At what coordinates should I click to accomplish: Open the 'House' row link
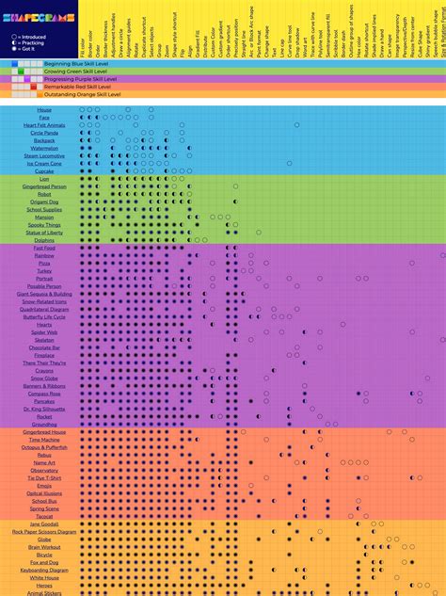coord(44,109)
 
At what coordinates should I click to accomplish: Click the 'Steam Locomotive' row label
coord(44,155)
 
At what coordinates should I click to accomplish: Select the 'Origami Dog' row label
coord(44,201)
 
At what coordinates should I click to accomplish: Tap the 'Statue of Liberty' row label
coord(44,233)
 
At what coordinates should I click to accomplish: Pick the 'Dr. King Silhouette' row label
coord(44,409)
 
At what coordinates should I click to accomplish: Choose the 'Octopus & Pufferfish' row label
coord(44,447)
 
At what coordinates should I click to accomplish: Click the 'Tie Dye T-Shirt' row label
coord(44,477)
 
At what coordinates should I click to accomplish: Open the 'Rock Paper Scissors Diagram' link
coord(44,532)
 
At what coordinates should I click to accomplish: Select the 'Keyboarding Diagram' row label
coord(44,570)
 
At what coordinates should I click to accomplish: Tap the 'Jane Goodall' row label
coord(44,524)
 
